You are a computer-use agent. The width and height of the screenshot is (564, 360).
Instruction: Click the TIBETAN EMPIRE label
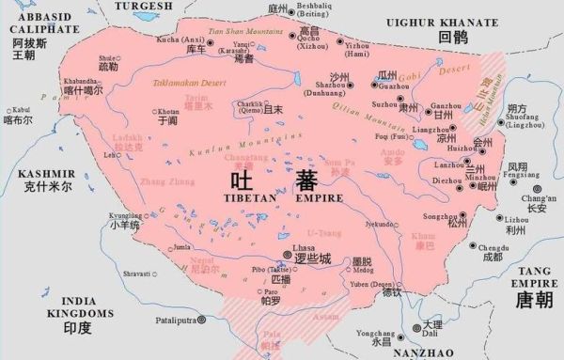(x=267, y=199)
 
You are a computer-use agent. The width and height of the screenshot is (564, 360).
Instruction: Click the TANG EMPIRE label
(x=538, y=275)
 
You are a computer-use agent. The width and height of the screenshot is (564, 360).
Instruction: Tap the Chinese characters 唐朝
(x=537, y=300)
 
